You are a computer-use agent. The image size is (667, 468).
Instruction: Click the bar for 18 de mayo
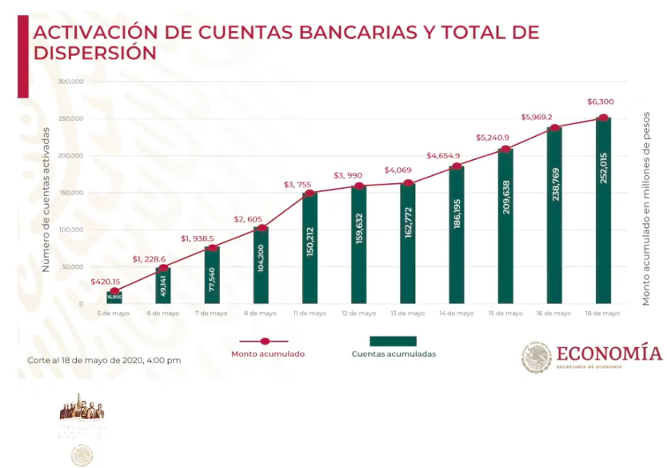tap(603, 211)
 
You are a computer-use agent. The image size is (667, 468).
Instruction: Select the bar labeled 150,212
tap(310, 248)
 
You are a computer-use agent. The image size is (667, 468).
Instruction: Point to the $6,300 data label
tap(601, 102)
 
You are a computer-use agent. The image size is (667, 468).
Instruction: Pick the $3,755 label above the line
tap(297, 185)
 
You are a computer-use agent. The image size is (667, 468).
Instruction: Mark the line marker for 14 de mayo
tap(456, 166)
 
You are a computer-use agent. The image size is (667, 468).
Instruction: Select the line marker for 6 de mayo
tap(162, 268)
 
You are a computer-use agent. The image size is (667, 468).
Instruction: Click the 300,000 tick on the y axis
tap(71, 82)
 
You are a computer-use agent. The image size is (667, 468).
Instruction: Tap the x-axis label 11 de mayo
tap(310, 314)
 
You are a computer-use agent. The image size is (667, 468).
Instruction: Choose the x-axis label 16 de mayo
tap(553, 314)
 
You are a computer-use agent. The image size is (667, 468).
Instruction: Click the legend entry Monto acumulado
tap(268, 353)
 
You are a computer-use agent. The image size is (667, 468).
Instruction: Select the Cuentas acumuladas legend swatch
tap(393, 341)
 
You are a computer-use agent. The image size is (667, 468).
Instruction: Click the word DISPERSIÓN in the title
tap(94, 53)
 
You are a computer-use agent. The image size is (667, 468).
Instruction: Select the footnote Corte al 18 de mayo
tap(104, 360)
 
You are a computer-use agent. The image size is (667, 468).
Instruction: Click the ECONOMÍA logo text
tap(609, 354)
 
